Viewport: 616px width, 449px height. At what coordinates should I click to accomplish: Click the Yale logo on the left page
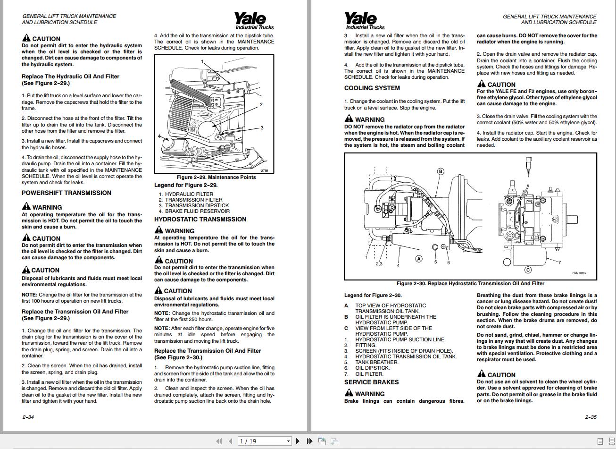(254, 21)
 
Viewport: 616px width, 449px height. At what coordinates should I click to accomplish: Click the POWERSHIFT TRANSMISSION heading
(67, 193)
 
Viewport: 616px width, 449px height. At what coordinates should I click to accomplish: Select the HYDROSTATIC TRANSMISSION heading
(200, 219)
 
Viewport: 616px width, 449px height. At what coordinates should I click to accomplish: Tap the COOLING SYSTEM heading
(372, 88)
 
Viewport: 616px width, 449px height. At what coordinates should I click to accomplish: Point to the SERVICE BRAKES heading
(371, 382)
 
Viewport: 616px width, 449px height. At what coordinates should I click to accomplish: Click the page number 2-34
(28, 417)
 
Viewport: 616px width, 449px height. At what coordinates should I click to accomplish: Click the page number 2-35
(591, 417)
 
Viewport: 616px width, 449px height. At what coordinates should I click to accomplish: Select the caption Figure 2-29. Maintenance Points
(216, 177)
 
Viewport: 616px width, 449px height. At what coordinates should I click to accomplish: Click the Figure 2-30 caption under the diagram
(470, 283)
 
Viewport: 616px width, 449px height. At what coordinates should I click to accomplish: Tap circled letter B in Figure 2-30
(441, 171)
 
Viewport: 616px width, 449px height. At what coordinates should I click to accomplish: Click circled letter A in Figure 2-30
(418, 259)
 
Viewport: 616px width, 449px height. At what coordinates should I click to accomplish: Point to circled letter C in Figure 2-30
(528, 270)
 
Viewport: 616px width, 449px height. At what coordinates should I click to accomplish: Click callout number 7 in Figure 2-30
(559, 263)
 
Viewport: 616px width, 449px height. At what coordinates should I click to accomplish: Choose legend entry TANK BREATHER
(376, 362)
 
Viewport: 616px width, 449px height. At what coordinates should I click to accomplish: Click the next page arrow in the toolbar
(298, 441)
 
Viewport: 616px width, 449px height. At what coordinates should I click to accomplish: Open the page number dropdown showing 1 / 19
(288, 441)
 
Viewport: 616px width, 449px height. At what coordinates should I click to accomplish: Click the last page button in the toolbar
(309, 441)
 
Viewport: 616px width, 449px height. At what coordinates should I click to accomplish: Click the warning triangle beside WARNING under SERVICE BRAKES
(349, 393)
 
